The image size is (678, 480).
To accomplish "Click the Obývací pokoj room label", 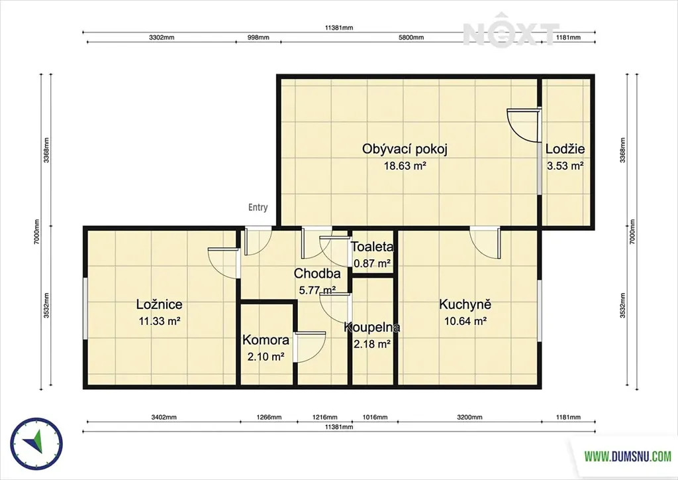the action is (x=405, y=149).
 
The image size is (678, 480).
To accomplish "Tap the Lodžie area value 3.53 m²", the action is (x=565, y=166).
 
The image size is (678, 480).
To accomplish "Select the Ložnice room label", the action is (x=159, y=304).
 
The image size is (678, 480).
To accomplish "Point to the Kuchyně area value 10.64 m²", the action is (x=465, y=321).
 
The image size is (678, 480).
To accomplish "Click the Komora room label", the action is (x=266, y=339).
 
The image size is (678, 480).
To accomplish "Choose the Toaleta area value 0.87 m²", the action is (x=372, y=263).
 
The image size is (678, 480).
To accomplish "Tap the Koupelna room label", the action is (x=372, y=328).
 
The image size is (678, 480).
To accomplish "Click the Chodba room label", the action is (x=317, y=274).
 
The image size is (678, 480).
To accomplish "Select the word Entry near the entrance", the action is (x=258, y=208).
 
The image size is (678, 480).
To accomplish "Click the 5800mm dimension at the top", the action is (x=411, y=37).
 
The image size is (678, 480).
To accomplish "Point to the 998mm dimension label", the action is (x=258, y=37).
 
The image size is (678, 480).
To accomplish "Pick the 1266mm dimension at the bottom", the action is (x=269, y=417).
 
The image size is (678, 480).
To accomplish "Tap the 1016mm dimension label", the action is (x=375, y=417).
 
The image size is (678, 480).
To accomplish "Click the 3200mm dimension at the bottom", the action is (x=469, y=417).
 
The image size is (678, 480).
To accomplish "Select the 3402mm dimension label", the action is (x=164, y=417).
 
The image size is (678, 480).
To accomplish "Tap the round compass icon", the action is (x=37, y=444).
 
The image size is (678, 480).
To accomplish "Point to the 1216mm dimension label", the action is (x=324, y=417).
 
